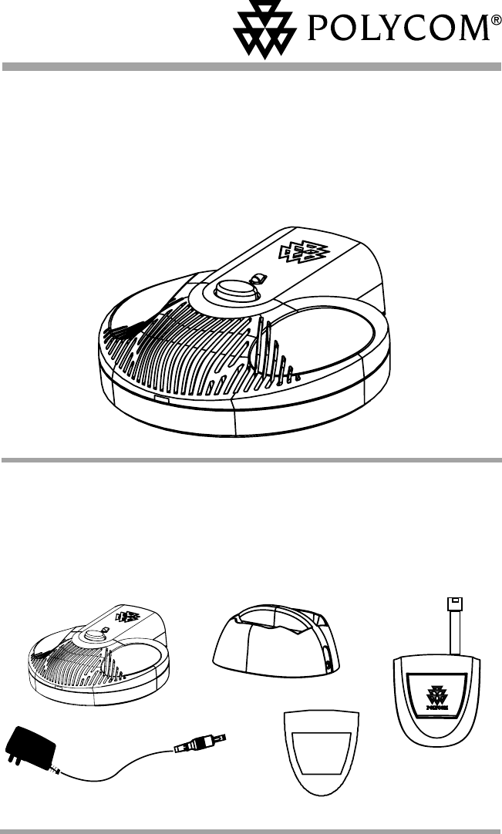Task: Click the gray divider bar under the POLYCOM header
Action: [x=251, y=68]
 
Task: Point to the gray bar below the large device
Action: [x=251, y=459]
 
